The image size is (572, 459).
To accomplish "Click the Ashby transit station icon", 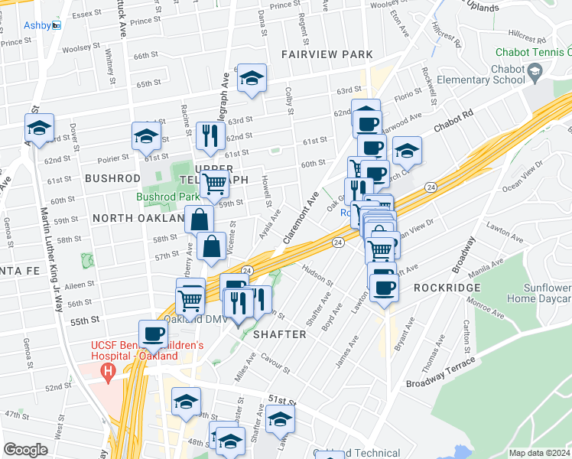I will (57, 25).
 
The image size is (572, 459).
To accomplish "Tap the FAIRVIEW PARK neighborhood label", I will (327, 54).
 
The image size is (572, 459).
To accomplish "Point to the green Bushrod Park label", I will (167, 197).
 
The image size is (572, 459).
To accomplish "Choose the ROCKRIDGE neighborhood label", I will (447, 288).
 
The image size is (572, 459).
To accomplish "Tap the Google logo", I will (25, 449).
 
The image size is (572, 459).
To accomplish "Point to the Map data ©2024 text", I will (538, 453).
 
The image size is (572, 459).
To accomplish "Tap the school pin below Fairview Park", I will (251, 79).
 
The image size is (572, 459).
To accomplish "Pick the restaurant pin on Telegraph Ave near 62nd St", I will (208, 137).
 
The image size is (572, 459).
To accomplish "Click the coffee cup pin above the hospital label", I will (154, 334).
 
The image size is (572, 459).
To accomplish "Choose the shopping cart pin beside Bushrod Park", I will (214, 184).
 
